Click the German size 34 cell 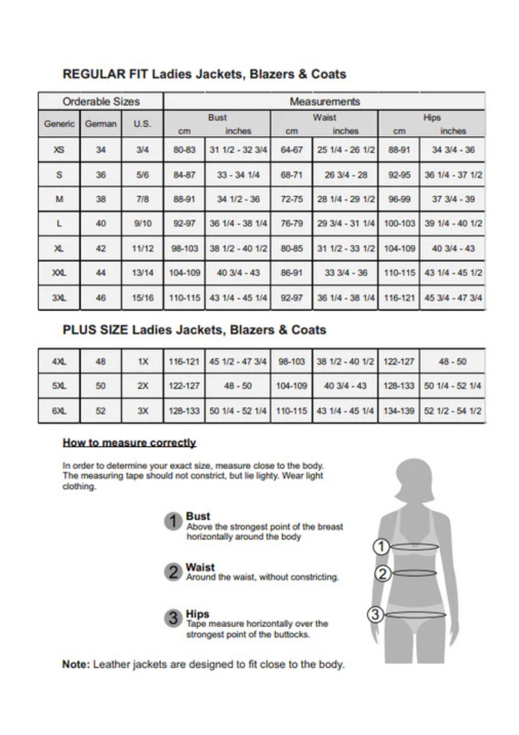point(101,150)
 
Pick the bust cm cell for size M point(184,199)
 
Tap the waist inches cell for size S point(345,175)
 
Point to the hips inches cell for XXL point(453,273)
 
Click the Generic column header point(59,124)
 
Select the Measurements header point(324,102)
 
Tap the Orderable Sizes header point(101,102)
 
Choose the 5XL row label point(59,386)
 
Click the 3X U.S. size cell point(143,411)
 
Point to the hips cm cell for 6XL point(399,411)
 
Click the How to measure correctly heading point(130,443)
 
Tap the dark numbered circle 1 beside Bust point(172,522)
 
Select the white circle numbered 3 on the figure point(375,614)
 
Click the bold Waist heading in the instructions point(200,567)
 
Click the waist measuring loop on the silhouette point(414,573)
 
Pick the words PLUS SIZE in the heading point(95,330)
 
